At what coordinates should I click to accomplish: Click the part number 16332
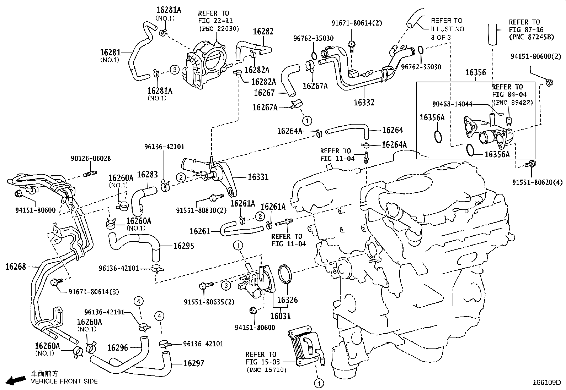[x=364, y=103]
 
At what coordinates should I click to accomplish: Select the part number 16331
[x=258, y=177]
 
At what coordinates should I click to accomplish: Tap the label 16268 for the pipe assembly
[x=16, y=267]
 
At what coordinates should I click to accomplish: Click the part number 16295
[x=184, y=246]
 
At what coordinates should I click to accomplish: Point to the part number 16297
[x=194, y=363]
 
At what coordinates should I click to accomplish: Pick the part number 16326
[x=287, y=300]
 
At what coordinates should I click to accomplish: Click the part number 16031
[x=280, y=316]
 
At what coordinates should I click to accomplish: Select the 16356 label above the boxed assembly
[x=475, y=72]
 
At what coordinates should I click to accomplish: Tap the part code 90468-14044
[x=452, y=104]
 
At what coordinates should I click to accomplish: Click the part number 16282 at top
[x=263, y=32]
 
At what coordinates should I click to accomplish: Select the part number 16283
[x=147, y=174]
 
